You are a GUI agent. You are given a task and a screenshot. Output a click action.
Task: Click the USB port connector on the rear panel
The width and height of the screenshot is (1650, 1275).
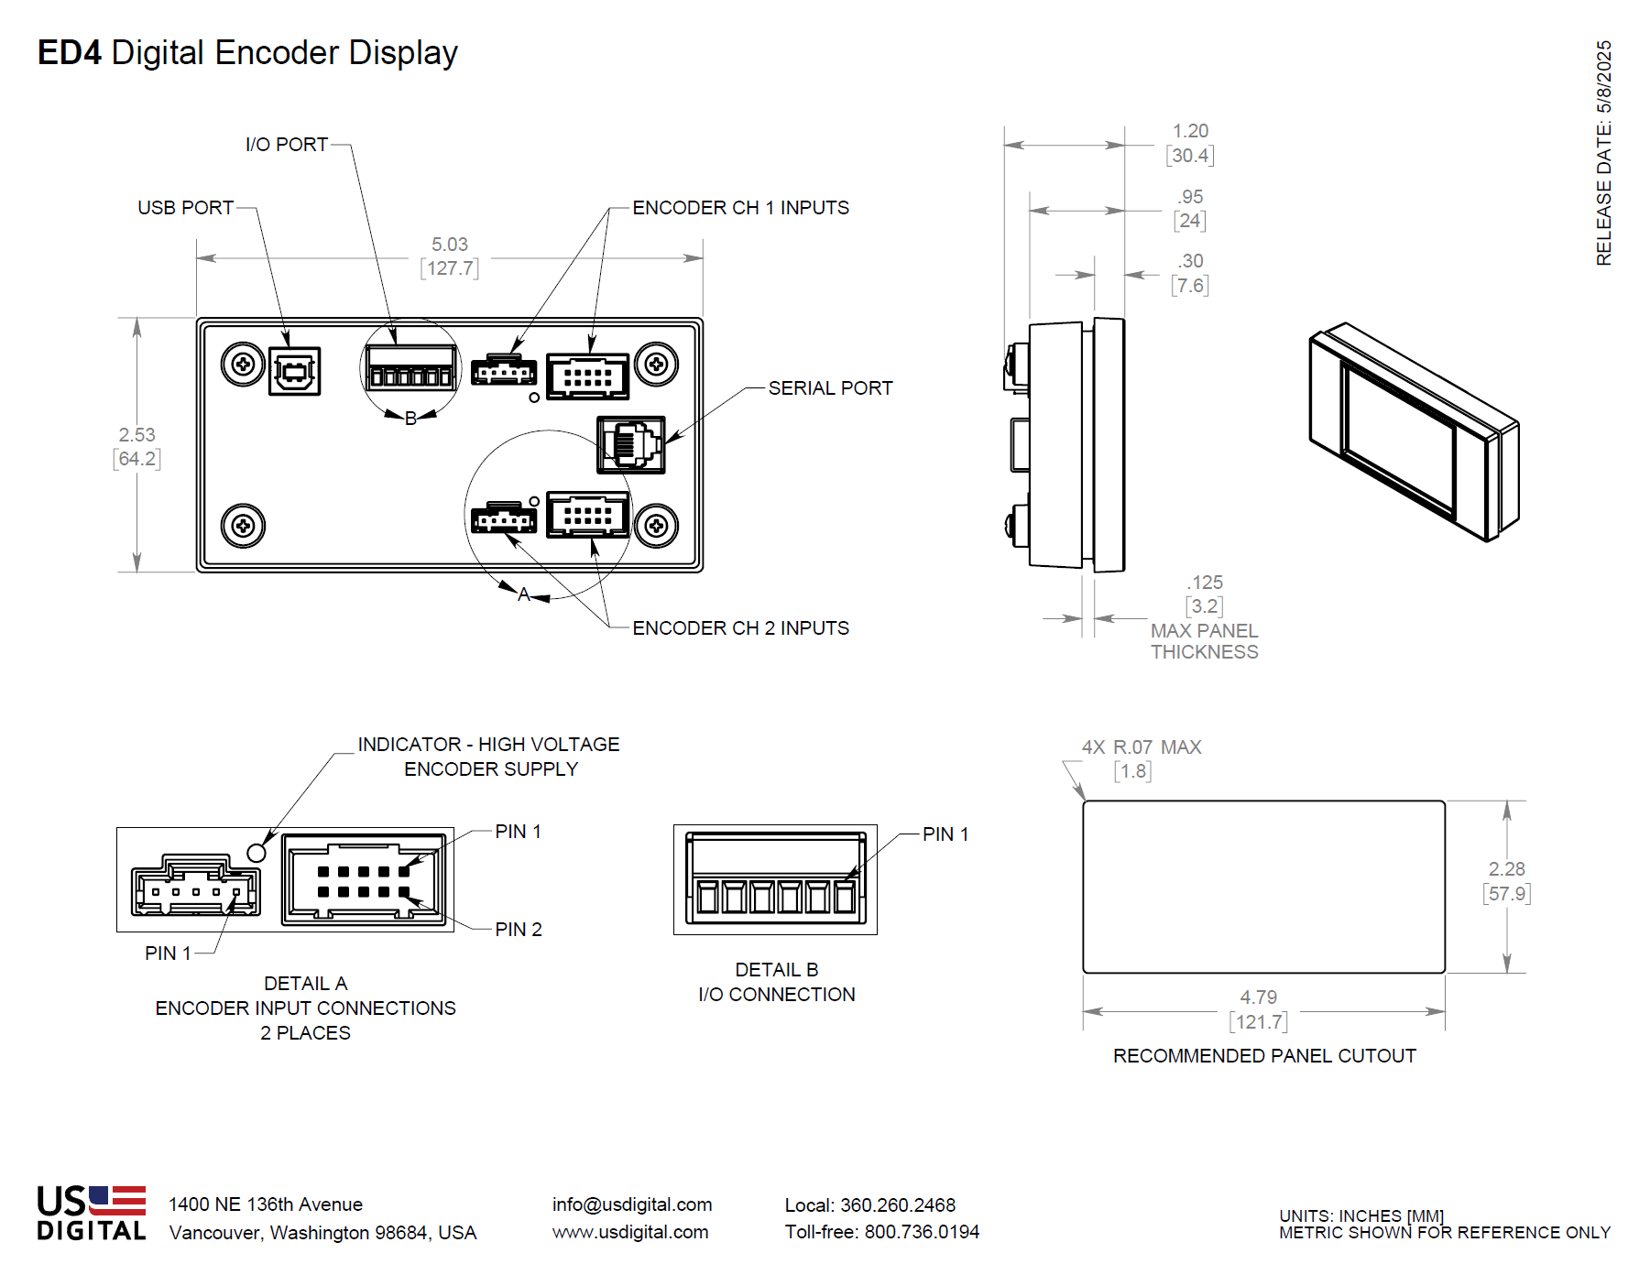coord(294,371)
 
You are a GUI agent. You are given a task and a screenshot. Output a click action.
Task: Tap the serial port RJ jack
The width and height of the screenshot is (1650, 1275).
coord(630,444)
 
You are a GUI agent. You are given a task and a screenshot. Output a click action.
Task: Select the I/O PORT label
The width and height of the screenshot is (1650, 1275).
coord(286,145)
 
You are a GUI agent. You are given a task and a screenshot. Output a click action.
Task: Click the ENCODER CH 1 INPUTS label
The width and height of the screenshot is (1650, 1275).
coord(740,208)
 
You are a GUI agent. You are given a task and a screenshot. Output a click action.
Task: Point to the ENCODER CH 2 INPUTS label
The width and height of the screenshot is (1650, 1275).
coord(740,628)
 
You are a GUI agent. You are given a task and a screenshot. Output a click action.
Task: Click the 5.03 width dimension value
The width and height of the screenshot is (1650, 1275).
coord(450,245)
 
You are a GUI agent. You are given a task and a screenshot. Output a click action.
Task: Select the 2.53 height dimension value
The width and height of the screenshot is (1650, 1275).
coord(137,435)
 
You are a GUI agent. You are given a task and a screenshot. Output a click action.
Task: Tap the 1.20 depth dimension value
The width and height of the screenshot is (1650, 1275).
coord(1190,131)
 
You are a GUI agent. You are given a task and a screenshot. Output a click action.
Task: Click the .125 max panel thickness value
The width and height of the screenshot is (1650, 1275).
coord(1205,583)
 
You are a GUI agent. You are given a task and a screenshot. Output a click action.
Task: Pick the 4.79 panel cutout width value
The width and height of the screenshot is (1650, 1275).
coord(1258,997)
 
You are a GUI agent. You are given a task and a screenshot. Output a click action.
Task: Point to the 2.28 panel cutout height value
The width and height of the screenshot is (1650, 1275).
coord(1506,869)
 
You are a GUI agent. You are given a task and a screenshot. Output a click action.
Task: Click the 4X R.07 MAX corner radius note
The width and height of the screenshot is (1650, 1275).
coord(1142,747)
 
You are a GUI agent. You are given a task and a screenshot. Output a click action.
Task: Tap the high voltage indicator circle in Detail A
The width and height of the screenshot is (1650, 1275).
coord(257,853)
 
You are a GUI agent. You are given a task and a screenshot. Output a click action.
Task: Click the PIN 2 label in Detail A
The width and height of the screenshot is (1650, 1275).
coord(519,930)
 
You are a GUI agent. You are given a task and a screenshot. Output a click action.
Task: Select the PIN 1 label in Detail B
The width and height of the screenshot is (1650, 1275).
coord(945,834)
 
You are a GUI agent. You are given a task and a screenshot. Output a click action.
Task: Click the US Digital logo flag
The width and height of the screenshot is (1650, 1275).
coord(117,1200)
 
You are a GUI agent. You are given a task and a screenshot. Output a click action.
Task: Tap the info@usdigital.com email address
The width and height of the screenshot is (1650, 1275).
coord(631,1204)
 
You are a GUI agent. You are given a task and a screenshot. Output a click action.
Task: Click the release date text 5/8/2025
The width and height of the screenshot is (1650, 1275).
coord(1603,78)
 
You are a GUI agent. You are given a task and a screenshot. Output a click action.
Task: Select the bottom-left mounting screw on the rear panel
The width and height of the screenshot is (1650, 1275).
coord(243,526)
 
